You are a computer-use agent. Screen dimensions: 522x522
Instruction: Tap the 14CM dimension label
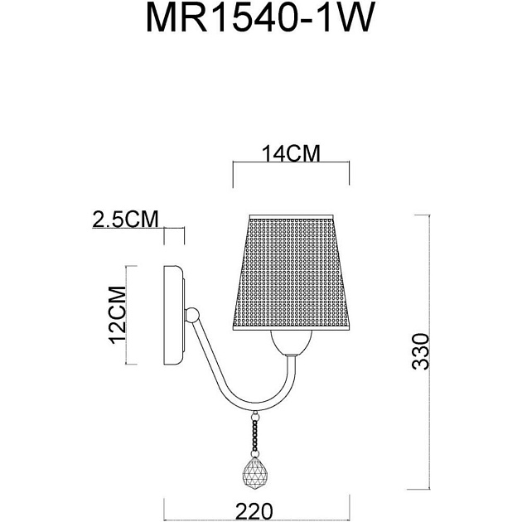[291, 153]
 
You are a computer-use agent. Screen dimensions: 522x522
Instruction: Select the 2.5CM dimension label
[125, 220]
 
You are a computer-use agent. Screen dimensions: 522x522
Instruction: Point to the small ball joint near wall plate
[192, 315]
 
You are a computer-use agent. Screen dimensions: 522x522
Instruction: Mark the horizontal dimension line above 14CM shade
[291, 163]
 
